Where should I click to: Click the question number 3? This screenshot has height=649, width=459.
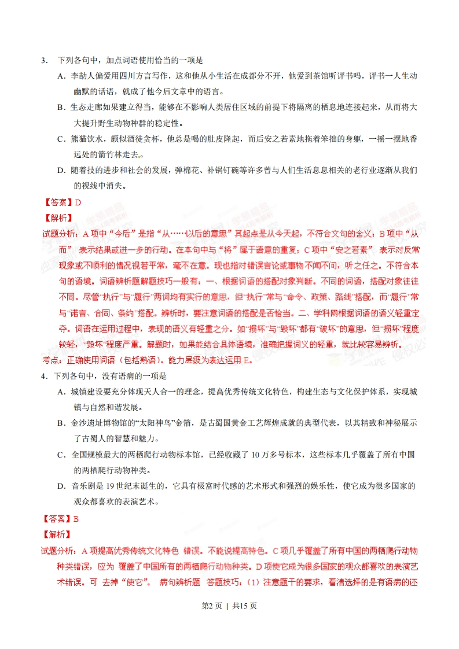[43, 60]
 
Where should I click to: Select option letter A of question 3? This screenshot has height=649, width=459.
[60, 76]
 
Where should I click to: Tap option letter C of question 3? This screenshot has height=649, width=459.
[60, 139]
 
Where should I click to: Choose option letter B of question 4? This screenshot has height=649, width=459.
[60, 423]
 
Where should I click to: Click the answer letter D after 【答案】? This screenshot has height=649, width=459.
[78, 202]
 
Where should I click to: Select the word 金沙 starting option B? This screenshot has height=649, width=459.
[78, 423]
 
